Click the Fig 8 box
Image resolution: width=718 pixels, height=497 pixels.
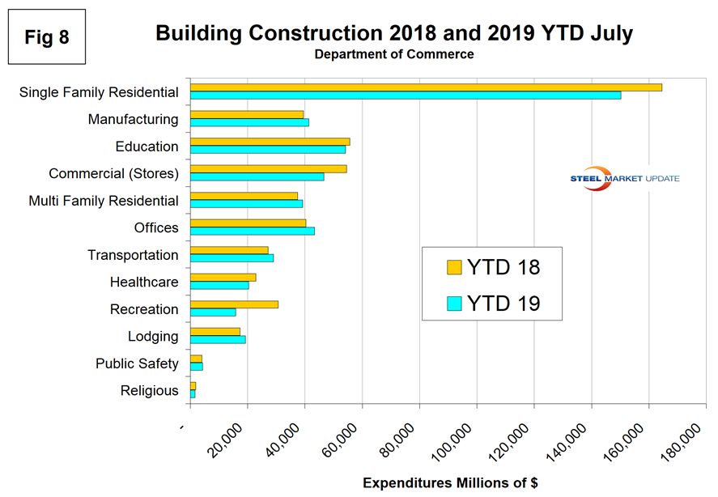(46, 37)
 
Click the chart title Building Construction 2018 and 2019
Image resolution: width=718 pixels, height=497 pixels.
(394, 33)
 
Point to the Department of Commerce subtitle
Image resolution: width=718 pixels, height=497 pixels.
(394, 54)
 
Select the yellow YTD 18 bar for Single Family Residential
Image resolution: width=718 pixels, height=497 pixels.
(426, 87)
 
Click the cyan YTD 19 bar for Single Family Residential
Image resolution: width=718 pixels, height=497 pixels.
(406, 96)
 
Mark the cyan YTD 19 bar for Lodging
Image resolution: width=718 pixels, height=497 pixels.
(218, 340)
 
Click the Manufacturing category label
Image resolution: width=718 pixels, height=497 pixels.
(133, 119)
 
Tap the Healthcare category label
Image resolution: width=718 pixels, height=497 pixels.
(144, 282)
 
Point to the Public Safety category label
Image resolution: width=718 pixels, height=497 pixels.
(137, 363)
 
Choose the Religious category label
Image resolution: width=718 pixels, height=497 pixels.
(149, 391)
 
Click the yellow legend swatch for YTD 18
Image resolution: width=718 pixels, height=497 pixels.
(454, 268)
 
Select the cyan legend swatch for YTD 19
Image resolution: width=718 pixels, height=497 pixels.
(454, 304)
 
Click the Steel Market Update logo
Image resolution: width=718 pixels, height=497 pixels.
(624, 179)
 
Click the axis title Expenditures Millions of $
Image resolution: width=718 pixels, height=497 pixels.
(450, 483)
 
